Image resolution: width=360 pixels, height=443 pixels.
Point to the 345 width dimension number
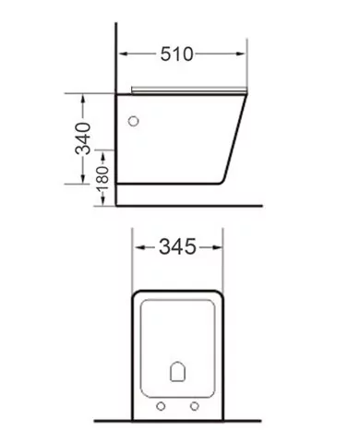(179, 247)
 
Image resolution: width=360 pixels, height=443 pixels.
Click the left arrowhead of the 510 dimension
(121, 54)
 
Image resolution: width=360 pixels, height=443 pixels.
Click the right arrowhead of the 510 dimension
(245, 54)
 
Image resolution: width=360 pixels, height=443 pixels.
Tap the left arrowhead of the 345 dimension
(138, 247)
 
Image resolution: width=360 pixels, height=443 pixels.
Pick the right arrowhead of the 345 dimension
(220, 247)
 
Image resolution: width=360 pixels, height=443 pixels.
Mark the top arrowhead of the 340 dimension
(84, 95)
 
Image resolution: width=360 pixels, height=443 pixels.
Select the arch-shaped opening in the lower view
(179, 372)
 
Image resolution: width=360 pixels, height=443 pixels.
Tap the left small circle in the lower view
(162, 405)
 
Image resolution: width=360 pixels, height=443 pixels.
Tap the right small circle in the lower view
(196, 405)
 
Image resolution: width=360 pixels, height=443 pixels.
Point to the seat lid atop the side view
(189, 90)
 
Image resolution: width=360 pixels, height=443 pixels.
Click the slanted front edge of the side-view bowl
(238, 134)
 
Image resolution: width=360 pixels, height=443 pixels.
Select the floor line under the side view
(185, 205)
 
